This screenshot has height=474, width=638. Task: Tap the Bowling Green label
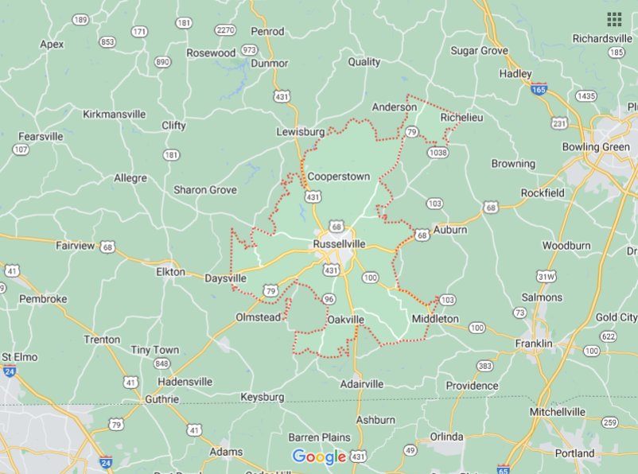595,147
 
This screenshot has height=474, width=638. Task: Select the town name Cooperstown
339,176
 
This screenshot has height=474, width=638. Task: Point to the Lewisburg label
301,131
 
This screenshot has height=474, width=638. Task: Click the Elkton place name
170,271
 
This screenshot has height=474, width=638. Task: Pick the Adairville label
362,383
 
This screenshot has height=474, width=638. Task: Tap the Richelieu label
461,116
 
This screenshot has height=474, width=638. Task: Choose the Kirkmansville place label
115,114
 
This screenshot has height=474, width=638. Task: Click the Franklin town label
534,344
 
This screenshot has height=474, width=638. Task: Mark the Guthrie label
161,399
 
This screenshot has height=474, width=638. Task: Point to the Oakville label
345,320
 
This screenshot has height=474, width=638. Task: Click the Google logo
319,457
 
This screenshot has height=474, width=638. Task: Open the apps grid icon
614,19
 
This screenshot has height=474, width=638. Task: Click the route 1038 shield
438,152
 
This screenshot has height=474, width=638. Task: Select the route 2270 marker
225,30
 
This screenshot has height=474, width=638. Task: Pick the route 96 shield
328,299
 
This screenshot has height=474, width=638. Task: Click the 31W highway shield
546,276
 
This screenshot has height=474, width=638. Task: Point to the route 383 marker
485,366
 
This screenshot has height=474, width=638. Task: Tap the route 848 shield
162,363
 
